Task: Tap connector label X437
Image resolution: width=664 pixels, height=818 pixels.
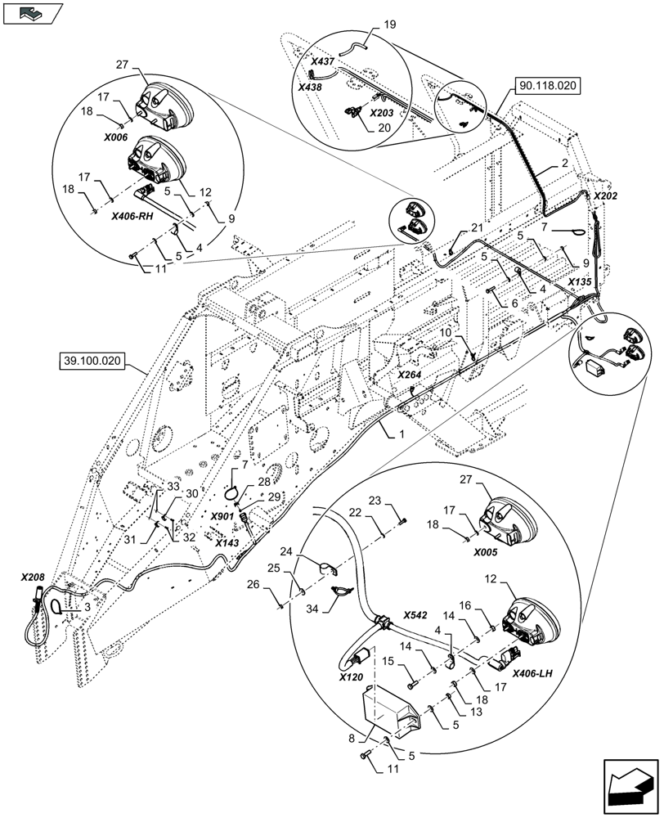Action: [x=323, y=61]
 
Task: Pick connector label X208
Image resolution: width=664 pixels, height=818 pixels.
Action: [x=33, y=577]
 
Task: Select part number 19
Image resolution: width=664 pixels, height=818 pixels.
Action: [x=390, y=25]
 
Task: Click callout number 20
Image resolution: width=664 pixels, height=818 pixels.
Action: [x=385, y=128]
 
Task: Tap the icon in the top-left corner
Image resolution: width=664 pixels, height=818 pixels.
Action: [x=33, y=12]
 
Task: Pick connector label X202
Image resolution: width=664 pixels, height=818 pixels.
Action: [x=606, y=197]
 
